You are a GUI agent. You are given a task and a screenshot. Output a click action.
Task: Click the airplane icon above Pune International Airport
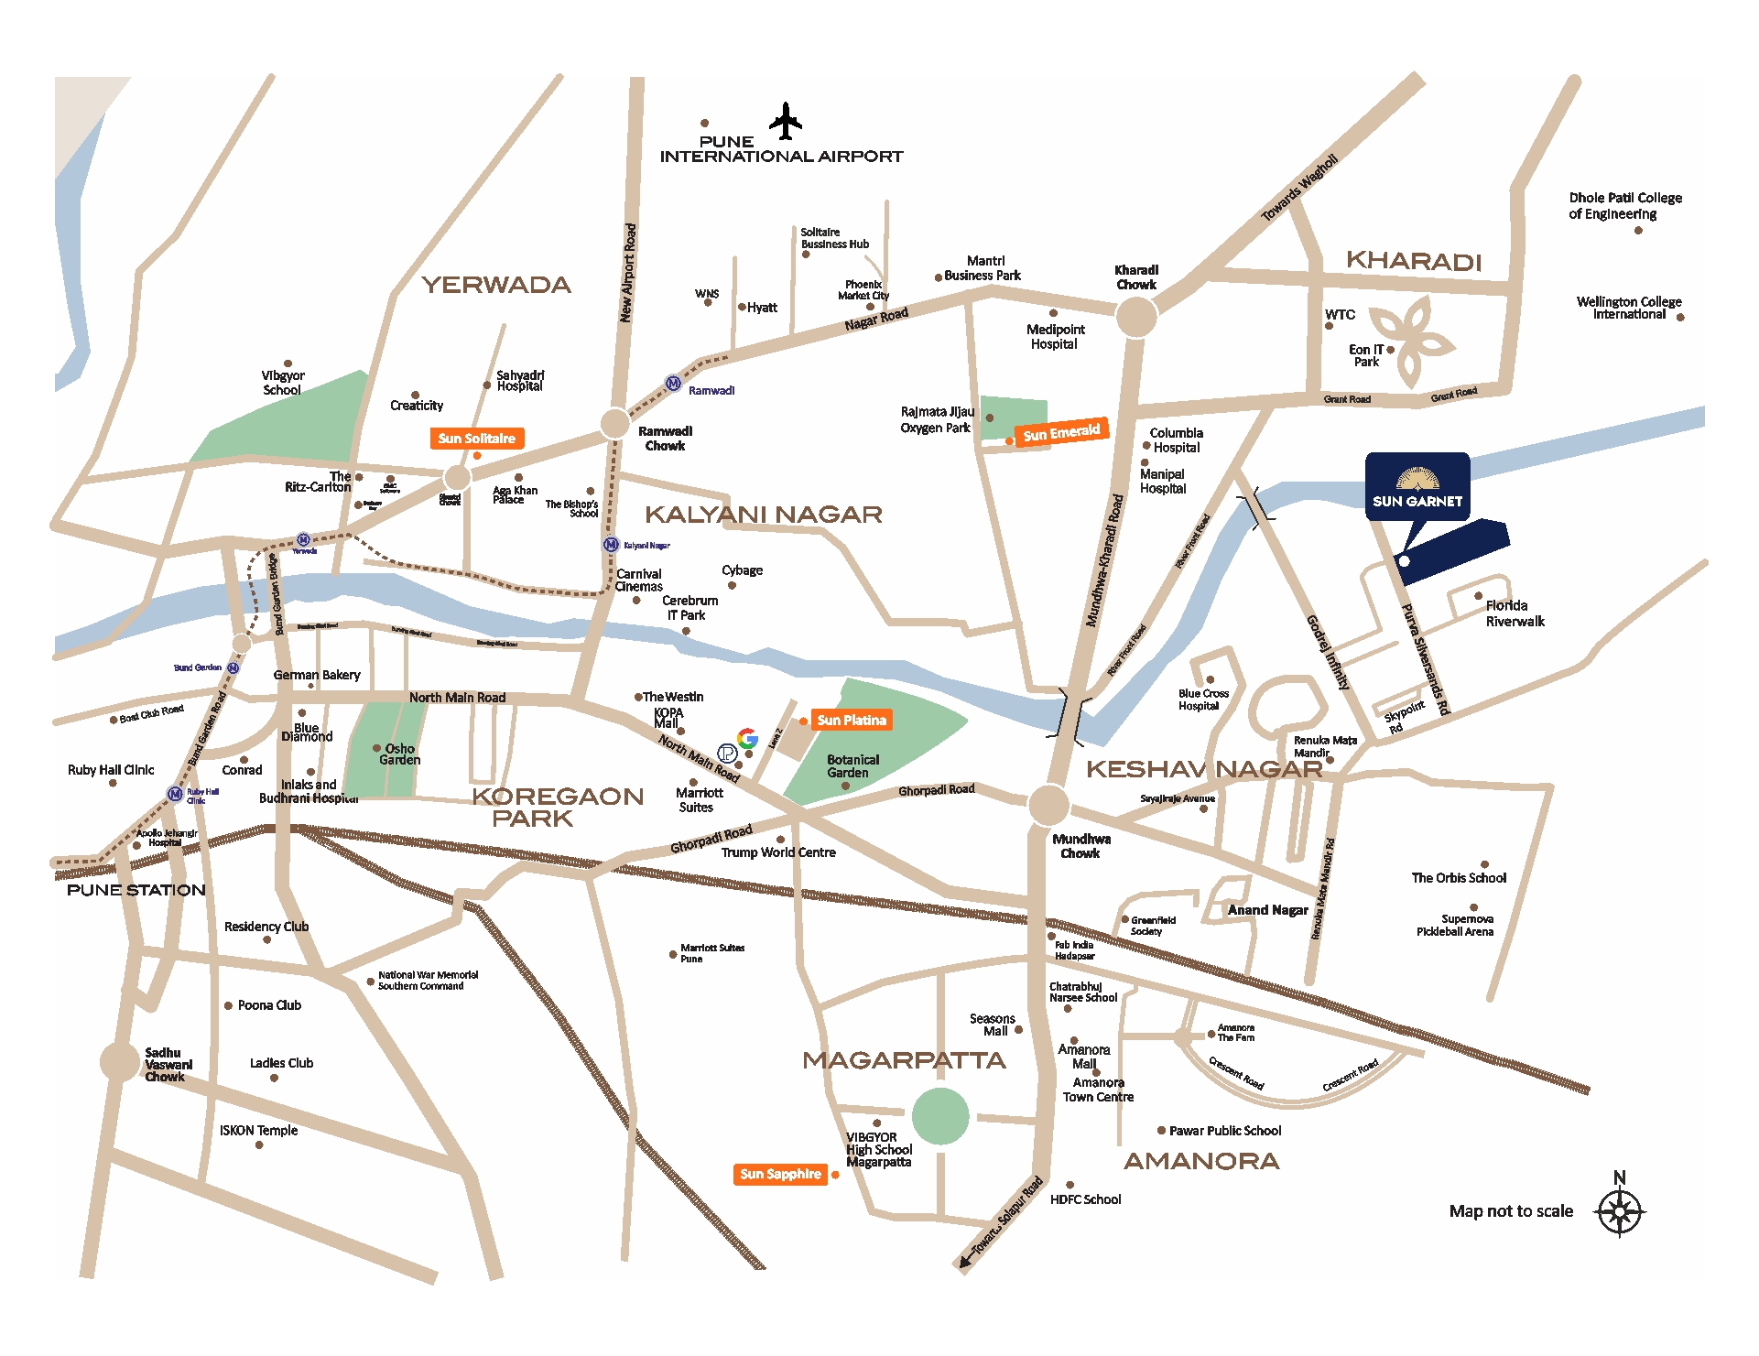pos(785,121)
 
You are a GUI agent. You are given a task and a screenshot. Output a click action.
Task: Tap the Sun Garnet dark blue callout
pos(1417,487)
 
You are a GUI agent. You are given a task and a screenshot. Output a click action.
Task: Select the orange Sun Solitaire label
pos(476,439)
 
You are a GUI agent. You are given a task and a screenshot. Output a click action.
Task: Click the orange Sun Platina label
pos(851,721)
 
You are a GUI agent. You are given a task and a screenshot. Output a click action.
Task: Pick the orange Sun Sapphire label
pos(780,1175)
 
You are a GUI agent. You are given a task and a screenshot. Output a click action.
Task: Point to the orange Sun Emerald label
pos(1061,432)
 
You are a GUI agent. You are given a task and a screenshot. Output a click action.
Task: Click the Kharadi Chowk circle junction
pos(1135,318)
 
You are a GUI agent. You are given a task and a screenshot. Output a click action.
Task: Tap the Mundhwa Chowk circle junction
pos(1048,806)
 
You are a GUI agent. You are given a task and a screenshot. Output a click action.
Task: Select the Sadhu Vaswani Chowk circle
pos(119,1062)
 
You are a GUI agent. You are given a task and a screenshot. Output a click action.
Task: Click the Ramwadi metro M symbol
pos(673,384)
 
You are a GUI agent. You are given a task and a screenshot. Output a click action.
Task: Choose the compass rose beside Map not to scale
pos(1619,1212)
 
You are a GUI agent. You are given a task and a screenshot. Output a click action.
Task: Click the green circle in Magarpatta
pos(940,1116)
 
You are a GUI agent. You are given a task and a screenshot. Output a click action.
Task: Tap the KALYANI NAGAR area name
pos(764,515)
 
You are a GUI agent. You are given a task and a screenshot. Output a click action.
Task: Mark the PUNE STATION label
pos(136,890)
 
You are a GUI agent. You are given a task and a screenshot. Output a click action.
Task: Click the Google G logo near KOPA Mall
pos(748,738)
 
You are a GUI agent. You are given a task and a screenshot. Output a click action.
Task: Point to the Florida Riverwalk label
pos(1515,613)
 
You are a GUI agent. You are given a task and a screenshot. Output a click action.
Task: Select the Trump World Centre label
pos(778,852)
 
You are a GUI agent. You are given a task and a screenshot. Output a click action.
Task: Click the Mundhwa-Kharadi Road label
pos(1104,560)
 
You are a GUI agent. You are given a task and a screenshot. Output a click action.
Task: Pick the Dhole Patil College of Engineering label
pos(1624,206)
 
